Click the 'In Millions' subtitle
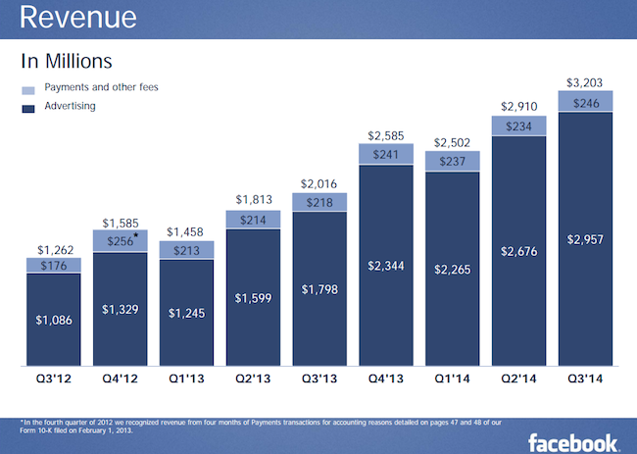tap(67, 62)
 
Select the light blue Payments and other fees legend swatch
tap(27, 89)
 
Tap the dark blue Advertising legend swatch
tap(27, 107)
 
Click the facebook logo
tap(573, 440)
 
